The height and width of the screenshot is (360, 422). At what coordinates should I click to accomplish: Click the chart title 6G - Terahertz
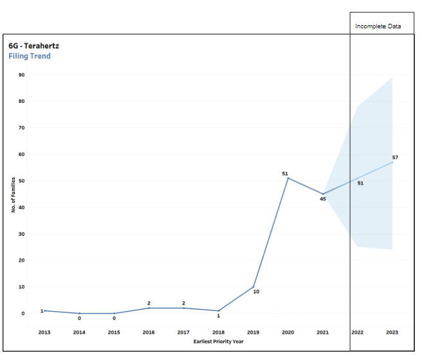pos(33,46)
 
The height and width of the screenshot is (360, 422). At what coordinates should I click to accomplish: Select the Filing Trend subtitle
pos(30,56)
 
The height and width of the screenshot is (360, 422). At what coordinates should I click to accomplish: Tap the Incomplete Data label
pos(378,26)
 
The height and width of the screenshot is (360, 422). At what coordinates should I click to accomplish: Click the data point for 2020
pos(288,178)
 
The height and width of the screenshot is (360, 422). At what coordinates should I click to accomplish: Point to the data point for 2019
pos(253,287)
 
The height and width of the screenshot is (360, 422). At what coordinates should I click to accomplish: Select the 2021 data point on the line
pos(323,194)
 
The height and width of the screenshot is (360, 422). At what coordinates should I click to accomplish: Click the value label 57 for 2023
pos(396,157)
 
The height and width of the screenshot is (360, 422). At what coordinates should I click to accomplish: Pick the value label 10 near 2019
pos(256,292)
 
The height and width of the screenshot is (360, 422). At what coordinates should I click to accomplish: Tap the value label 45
pos(322,199)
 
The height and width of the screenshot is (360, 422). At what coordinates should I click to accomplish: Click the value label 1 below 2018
pos(218,316)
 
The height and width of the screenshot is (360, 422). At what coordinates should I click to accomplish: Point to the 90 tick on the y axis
pos(22,75)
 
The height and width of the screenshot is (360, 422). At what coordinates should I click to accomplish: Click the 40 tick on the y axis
pos(22,207)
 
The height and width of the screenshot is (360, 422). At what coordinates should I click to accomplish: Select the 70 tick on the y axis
pos(22,128)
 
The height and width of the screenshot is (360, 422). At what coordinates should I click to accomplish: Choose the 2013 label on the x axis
pos(44,332)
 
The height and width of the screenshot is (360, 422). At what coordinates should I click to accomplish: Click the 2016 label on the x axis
pos(149,332)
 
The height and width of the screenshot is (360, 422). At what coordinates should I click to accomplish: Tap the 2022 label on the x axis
pos(357,332)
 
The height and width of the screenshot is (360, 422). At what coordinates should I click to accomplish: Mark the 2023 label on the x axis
pos(392,332)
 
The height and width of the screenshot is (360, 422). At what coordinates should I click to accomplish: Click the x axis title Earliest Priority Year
pos(218,341)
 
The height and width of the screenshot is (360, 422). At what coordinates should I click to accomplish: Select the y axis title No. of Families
pos(13,194)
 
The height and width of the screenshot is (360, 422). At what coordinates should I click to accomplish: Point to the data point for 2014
pos(79,313)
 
